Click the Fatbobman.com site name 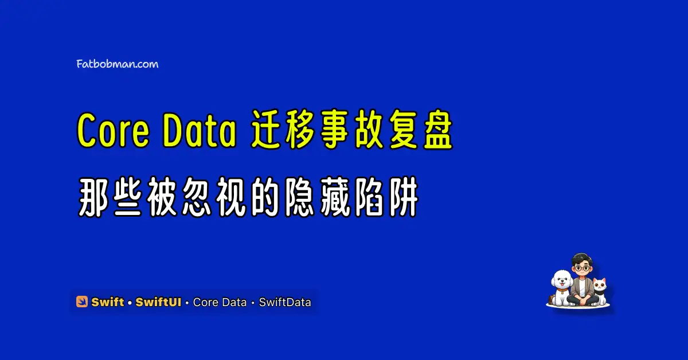tap(118, 64)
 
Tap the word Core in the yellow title tap(113, 131)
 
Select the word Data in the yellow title tap(200, 131)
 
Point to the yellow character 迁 tap(268, 130)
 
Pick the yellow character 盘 tap(437, 130)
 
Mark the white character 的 tap(266, 197)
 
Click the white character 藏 tap(335, 197)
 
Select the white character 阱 tap(403, 197)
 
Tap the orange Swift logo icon tap(81, 302)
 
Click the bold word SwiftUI tap(158, 302)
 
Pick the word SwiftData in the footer tap(285, 302)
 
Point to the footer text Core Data tap(220, 302)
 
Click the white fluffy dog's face tap(562, 280)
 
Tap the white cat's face tap(600, 285)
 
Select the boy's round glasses tap(582, 268)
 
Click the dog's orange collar tap(562, 289)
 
